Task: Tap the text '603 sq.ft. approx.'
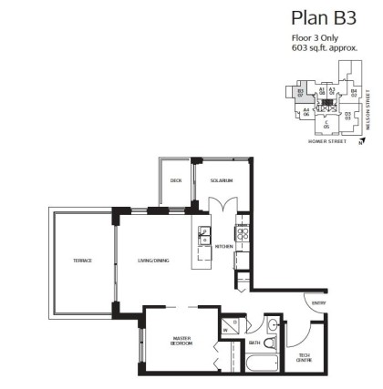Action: click(x=315, y=47)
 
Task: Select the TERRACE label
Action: click(x=83, y=261)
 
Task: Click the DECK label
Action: click(x=175, y=181)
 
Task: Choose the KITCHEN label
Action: click(x=224, y=246)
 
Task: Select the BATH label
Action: click(x=255, y=343)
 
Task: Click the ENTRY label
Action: click(x=318, y=303)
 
